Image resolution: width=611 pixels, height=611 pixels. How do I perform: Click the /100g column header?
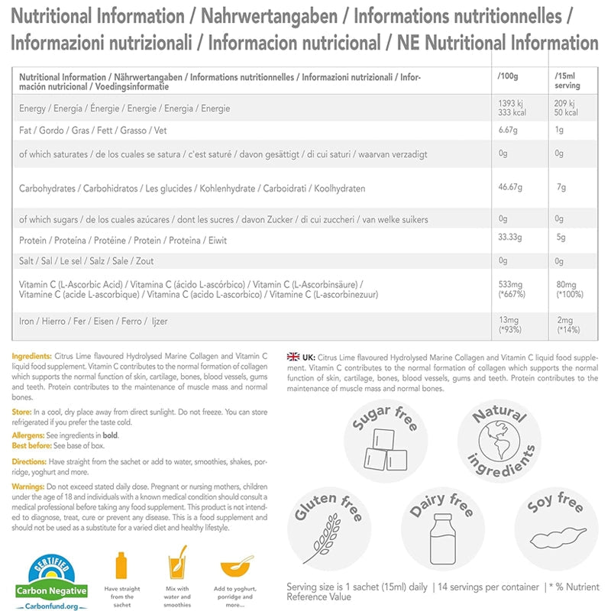507,78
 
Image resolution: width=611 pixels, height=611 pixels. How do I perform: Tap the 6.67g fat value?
508,130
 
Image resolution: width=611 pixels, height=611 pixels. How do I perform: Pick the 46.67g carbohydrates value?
511,188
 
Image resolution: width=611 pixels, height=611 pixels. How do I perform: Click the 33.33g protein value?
510,240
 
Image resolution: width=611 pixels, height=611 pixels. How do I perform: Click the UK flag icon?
293,356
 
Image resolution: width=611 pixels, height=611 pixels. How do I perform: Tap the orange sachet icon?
121,567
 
